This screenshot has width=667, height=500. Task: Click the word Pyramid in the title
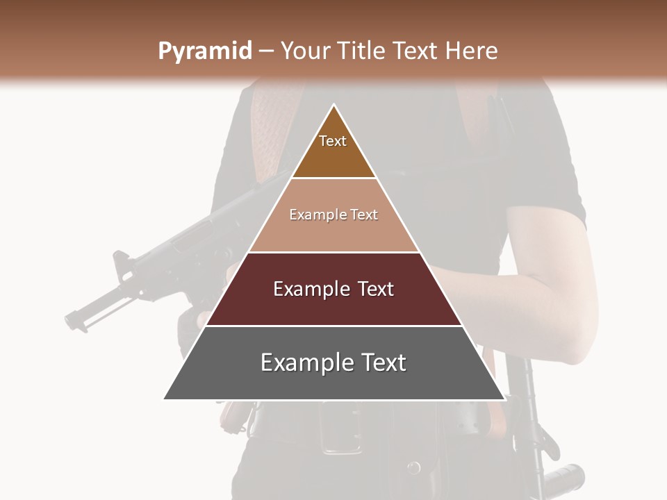(205, 51)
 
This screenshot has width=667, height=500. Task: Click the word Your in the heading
(307, 51)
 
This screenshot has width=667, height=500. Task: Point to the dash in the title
(266, 51)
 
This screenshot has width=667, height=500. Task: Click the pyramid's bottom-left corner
(165, 399)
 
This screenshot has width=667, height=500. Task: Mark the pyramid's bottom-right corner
(504, 399)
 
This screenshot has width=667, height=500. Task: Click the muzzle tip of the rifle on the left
(70, 321)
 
